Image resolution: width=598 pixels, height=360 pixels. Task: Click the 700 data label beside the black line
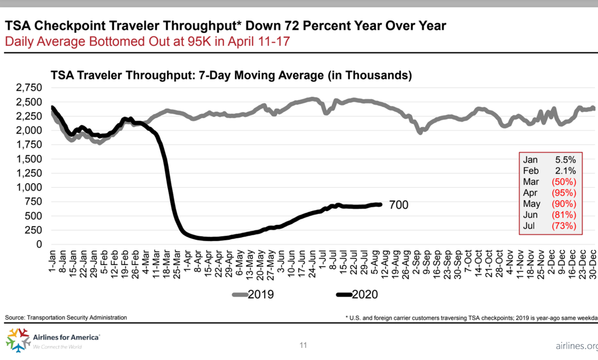click(x=398, y=205)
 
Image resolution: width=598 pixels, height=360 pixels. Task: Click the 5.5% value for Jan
click(x=566, y=160)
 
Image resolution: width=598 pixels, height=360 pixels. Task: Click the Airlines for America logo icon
click(x=18, y=340)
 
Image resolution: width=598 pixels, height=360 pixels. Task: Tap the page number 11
click(x=303, y=345)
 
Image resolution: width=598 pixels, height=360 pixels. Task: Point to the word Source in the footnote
click(x=15, y=317)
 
